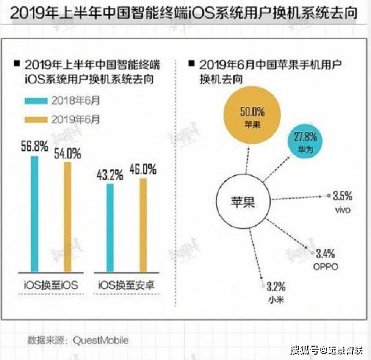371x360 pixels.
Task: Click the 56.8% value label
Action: pyautogui.click(x=34, y=147)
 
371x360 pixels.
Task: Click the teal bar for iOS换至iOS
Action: pyautogui.click(x=35, y=214)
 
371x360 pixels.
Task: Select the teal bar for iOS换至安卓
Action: pyautogui.click(x=110, y=228)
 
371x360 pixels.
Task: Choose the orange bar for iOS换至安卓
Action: pyautogui.click(x=143, y=226)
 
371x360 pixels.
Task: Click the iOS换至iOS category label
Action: pyautogui.click(x=50, y=285)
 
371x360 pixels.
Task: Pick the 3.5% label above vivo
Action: pyautogui.click(x=343, y=197)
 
